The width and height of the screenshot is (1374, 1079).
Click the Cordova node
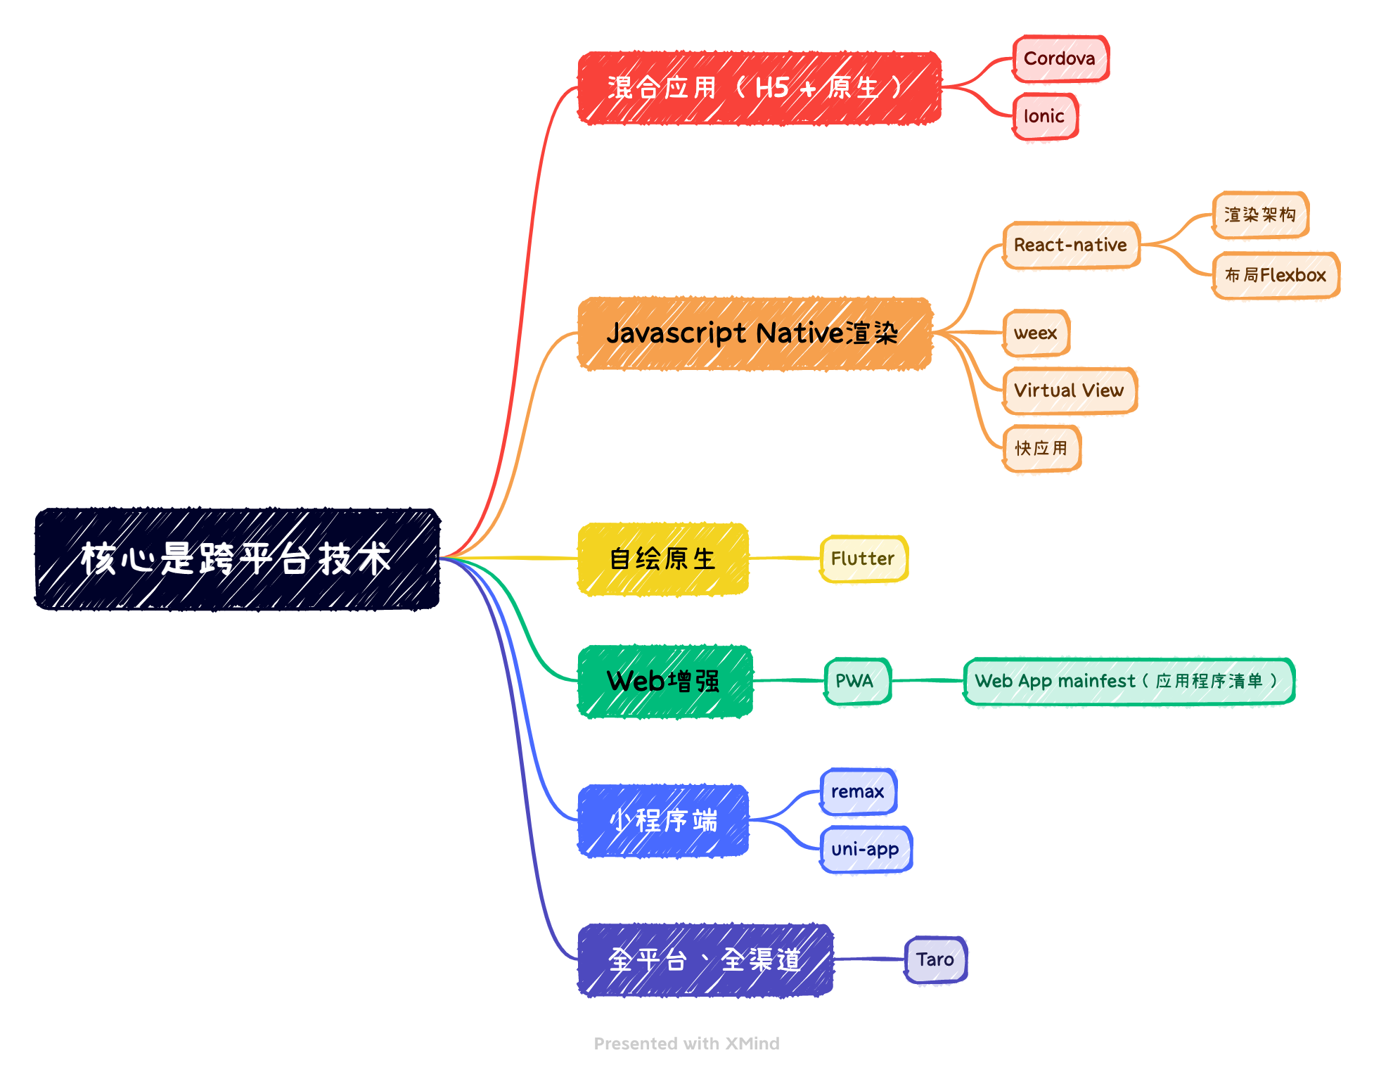(1060, 59)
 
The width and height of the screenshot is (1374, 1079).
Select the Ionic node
(1045, 117)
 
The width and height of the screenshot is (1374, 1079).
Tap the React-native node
(1071, 245)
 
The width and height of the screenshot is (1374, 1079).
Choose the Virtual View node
(1069, 391)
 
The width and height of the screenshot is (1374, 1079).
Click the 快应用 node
(1041, 449)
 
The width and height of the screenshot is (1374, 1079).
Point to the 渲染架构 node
(1260, 215)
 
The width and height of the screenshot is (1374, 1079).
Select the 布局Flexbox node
(1276, 276)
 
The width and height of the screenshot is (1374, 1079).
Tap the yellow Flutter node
(863, 559)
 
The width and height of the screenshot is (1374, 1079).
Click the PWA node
(856, 681)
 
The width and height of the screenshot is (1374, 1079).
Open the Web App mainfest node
(1128, 681)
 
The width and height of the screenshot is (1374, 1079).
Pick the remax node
(858, 792)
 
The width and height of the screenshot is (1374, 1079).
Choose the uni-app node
(866, 850)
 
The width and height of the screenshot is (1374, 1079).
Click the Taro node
(935, 960)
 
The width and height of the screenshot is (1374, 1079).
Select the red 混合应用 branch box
(759, 89)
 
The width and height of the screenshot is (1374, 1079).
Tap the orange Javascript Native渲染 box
(755, 333)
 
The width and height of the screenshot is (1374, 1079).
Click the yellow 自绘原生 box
(662, 559)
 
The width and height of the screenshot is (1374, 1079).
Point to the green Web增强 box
(664, 682)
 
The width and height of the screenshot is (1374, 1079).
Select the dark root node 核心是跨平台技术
(237, 559)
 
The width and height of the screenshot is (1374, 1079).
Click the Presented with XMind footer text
(686, 1044)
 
